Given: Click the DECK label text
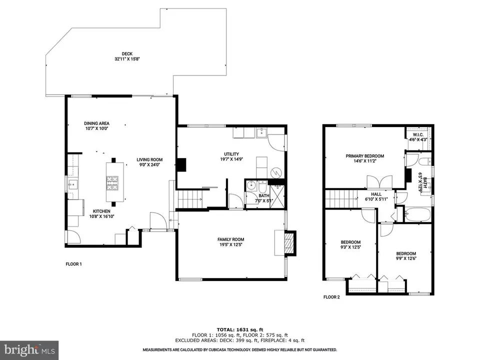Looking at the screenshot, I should click(x=126, y=54).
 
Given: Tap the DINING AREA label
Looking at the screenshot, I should click(x=96, y=123).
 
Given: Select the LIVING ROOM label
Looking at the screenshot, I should click(x=150, y=160).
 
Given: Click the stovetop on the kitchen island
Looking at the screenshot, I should click(x=111, y=182).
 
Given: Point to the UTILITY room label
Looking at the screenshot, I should click(x=231, y=154).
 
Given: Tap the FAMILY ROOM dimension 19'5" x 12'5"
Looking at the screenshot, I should click(x=231, y=245).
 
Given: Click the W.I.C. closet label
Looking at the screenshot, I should click(x=418, y=135).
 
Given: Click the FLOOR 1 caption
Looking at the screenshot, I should click(x=73, y=263).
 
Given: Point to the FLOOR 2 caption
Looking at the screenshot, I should click(x=331, y=297).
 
